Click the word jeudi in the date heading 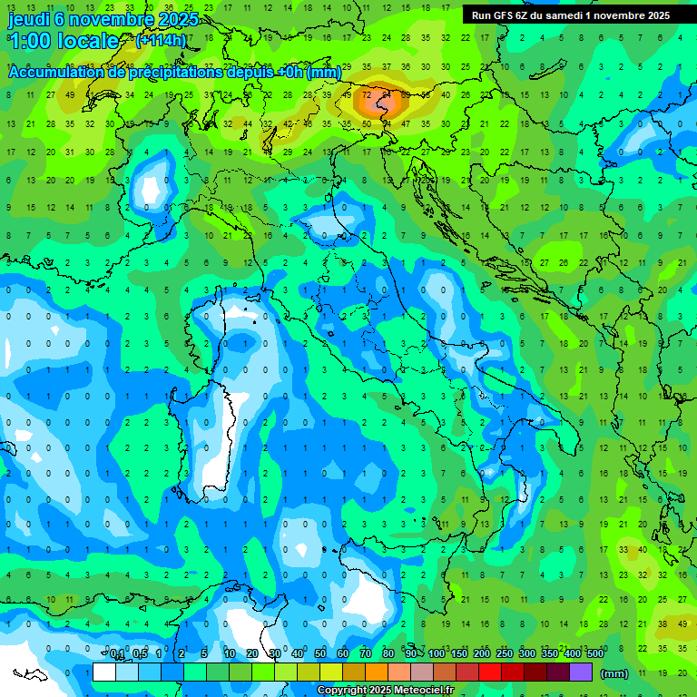pos(30,19)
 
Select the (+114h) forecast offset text pos(161,41)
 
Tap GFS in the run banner pos(505,15)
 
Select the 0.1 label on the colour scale pos(117,654)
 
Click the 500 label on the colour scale pos(594,654)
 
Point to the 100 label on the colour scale pos(437,654)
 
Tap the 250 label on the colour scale pos(504,654)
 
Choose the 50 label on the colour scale pos(320,654)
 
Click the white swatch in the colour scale pos(104,672)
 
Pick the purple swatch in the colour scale pos(581,672)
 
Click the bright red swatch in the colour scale pos(490,672)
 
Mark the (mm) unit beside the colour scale pos(614,673)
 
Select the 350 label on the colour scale pos(549,654)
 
